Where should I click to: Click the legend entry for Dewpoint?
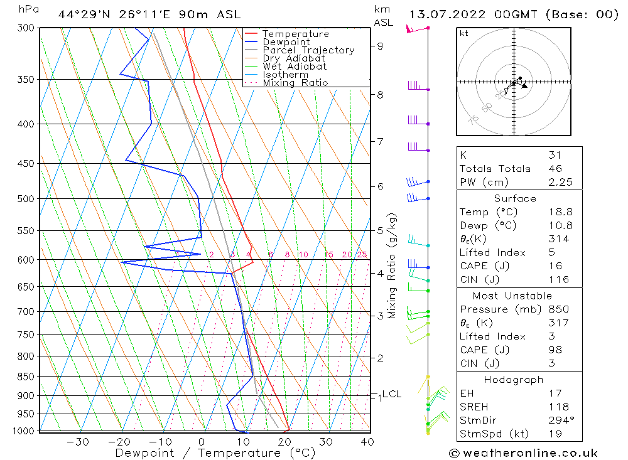pyautogui.click(x=286, y=42)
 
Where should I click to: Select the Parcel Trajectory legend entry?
pyautogui.click(x=308, y=50)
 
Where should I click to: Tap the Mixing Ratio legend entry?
pyautogui.click(x=295, y=83)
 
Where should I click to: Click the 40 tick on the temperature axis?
pyautogui.click(x=367, y=442)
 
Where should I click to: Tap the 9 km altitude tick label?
pyautogui.click(x=381, y=46)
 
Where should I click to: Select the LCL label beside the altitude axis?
pyautogui.click(x=391, y=394)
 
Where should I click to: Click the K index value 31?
pyautogui.click(x=555, y=155)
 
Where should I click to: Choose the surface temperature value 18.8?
pyautogui.click(x=558, y=212)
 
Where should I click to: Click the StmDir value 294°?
pyautogui.click(x=558, y=420)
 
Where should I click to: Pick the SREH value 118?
pyautogui.click(x=557, y=407)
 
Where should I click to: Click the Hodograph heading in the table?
pyautogui.click(x=519, y=380)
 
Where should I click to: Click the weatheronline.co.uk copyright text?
pyautogui.click(x=523, y=452)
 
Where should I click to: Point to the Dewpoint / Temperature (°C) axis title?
pyautogui.click(x=215, y=452)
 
